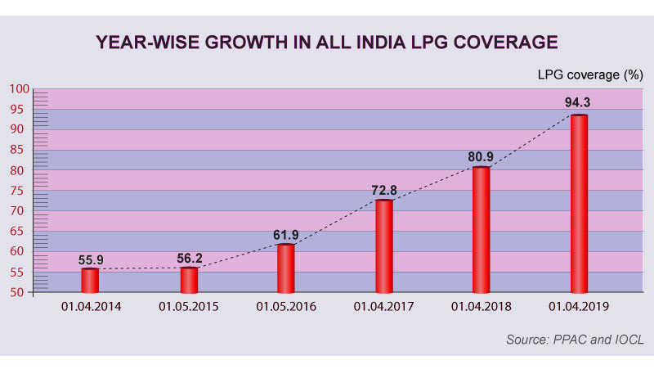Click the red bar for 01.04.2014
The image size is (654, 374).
(x=90, y=280)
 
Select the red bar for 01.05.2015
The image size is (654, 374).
(x=189, y=279)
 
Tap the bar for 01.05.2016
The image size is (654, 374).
(x=285, y=268)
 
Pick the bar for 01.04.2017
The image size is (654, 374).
(x=384, y=246)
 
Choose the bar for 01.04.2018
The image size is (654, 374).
(x=482, y=229)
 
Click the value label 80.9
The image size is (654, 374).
(x=482, y=154)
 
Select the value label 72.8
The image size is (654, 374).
(x=384, y=190)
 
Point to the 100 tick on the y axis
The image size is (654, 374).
(x=20, y=89)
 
